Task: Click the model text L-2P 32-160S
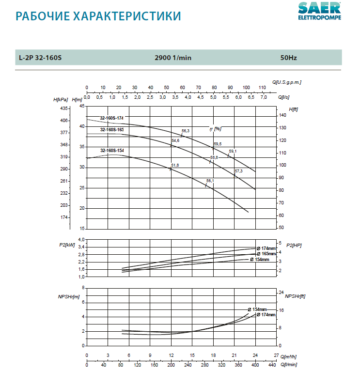coord(40,58)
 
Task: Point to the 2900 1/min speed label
coord(173,58)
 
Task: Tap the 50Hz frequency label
coord(288,58)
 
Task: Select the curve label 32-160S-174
coord(112,118)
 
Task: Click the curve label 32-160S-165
coord(112,130)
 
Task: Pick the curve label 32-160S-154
coord(112,151)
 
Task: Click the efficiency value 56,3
coord(186,131)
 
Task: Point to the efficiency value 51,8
coord(175,165)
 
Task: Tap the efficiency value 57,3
coord(238,171)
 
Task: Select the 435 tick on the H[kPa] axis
coord(64,108)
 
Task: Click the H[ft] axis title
coord(293,109)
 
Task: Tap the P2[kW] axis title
coord(66,246)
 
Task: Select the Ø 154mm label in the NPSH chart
coord(257,309)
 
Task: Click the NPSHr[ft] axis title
coord(295,296)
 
